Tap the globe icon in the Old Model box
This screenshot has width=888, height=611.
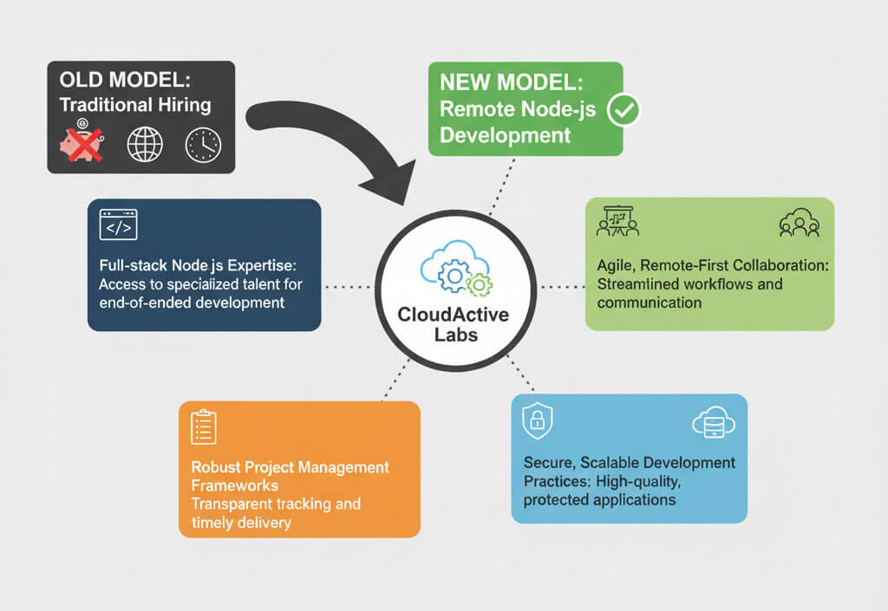pyautogui.click(x=145, y=144)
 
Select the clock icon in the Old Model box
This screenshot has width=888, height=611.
pyautogui.click(x=203, y=144)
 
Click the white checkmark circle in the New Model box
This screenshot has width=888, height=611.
pyautogui.click(x=624, y=110)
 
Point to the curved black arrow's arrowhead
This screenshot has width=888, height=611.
pyautogui.click(x=389, y=182)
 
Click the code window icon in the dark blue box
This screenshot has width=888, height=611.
pyautogui.click(x=119, y=224)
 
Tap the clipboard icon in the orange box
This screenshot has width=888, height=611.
pyautogui.click(x=203, y=426)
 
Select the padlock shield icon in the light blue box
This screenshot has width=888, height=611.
pyautogui.click(x=537, y=421)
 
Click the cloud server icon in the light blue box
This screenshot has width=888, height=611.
pyautogui.click(x=713, y=422)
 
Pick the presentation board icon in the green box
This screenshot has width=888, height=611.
pyautogui.click(x=617, y=221)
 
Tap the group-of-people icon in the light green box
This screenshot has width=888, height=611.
pyautogui.click(x=799, y=223)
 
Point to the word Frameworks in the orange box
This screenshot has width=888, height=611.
pyautogui.click(x=234, y=485)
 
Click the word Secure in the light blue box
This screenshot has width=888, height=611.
pyautogui.click(x=548, y=462)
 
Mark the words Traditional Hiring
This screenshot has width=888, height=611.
pyautogui.click(x=134, y=106)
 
